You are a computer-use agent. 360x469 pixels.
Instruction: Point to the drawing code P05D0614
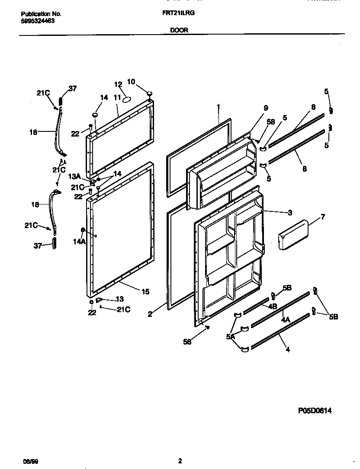click(315, 411)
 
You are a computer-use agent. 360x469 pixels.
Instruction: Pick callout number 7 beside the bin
click(323, 217)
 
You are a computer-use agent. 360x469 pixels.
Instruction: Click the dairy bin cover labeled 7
click(293, 235)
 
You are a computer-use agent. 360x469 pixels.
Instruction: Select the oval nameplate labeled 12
click(127, 99)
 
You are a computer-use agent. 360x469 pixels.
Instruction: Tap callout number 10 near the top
click(131, 81)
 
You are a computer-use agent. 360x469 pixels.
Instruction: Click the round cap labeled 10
click(149, 93)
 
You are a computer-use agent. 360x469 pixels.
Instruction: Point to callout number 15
click(145, 292)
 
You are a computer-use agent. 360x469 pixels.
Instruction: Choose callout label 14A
click(79, 242)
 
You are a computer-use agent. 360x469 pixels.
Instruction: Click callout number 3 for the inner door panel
click(289, 212)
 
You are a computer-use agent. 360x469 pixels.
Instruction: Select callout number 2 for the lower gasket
click(150, 315)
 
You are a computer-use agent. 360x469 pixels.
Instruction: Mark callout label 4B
click(272, 306)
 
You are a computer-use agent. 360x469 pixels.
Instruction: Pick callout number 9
click(266, 108)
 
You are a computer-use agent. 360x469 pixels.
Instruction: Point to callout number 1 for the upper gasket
click(219, 106)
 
